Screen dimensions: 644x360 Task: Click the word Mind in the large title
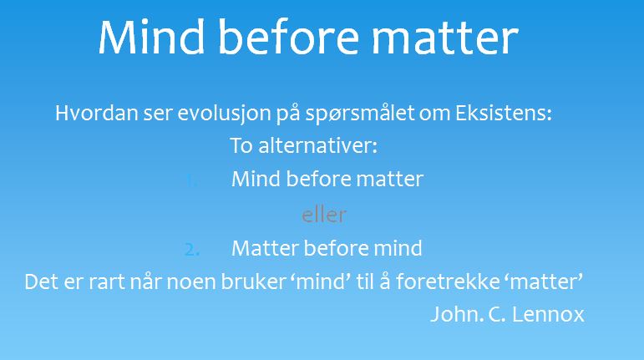(151, 37)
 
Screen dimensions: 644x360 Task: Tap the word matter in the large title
(445, 38)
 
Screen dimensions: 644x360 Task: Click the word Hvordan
(96, 113)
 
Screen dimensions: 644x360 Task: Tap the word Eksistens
(504, 113)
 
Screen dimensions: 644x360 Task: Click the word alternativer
(318, 145)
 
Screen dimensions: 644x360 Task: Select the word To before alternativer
(241, 145)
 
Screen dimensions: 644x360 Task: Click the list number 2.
(192, 250)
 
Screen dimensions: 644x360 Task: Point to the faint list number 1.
(190, 180)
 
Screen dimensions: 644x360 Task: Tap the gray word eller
(324, 215)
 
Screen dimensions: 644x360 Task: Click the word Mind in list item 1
(256, 180)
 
